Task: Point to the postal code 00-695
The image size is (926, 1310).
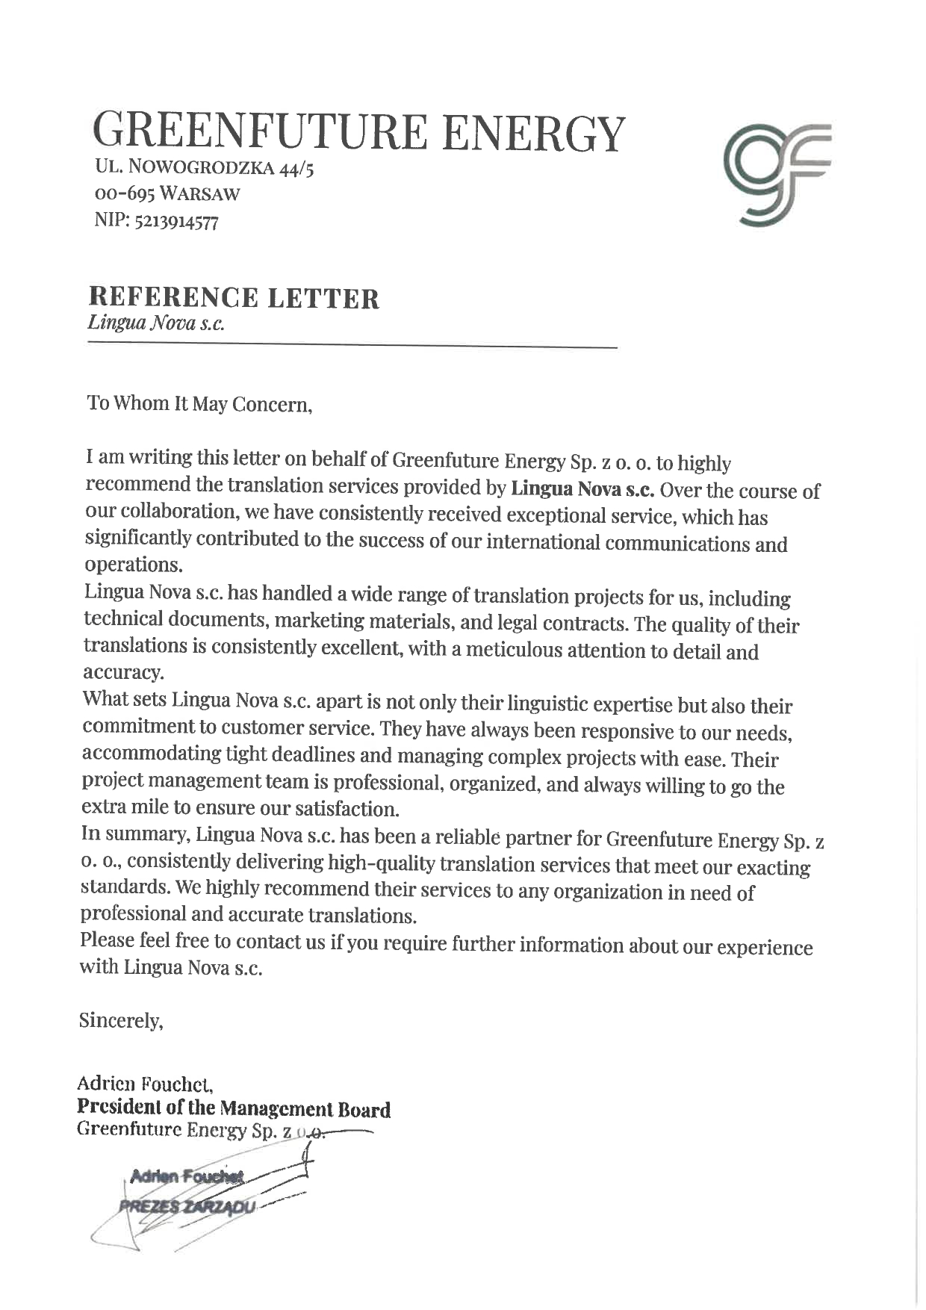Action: [x=124, y=194]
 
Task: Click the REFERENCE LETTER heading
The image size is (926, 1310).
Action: [x=234, y=298]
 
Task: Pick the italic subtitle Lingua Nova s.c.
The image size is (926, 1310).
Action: [x=155, y=323]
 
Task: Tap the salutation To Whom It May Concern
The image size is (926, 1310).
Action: [x=199, y=404]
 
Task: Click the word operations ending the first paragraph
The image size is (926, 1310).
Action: [x=134, y=564]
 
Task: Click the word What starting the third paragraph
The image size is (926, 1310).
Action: [x=105, y=699]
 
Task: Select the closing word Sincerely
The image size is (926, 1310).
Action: [x=120, y=1020]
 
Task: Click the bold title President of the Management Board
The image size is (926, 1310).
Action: [x=233, y=1109]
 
